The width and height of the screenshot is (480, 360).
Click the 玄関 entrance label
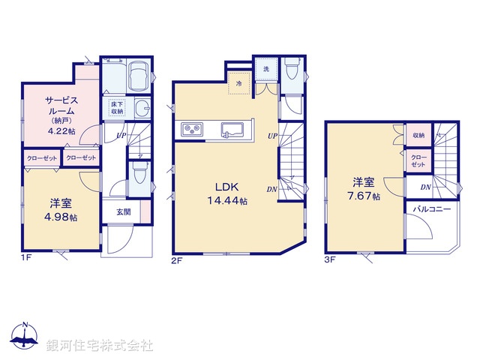[124, 212]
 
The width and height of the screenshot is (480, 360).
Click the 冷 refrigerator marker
[239, 83]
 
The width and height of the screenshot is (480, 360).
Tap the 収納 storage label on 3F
[418, 135]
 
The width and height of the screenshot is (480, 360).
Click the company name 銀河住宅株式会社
[100, 346]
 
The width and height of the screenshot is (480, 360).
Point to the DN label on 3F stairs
[424, 186]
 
